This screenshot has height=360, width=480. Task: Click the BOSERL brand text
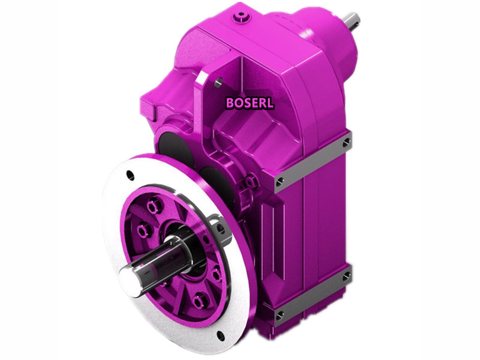[250, 103]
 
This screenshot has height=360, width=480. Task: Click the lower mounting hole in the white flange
[220, 334]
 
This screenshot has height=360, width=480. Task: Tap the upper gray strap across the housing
[312, 163]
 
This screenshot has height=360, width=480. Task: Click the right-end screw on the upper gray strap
[346, 143]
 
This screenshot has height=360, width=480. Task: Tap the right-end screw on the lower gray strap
[346, 276]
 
